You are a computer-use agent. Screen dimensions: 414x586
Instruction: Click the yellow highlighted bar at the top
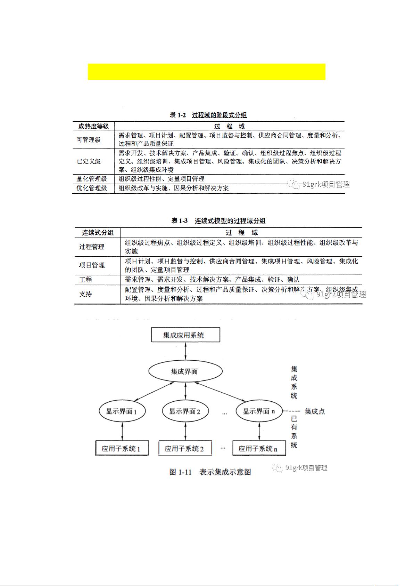pyautogui.click(x=206, y=72)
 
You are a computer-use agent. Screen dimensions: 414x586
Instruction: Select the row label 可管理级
pyautogui.click(x=89, y=140)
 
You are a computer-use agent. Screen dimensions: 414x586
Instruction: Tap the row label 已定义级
pyautogui.click(x=89, y=161)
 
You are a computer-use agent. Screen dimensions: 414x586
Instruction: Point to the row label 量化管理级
pyautogui.click(x=92, y=179)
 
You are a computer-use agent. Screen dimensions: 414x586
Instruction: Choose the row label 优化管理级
pyautogui.click(x=92, y=188)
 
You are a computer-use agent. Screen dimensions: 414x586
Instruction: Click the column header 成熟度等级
pyautogui.click(x=93, y=126)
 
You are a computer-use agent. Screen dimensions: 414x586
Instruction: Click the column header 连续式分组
pyautogui.click(x=98, y=233)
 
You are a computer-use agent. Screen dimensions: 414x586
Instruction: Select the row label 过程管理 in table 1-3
pyautogui.click(x=92, y=247)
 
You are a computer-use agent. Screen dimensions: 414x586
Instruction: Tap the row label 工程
pyautogui.click(x=85, y=280)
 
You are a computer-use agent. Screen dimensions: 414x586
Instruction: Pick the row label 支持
pyautogui.click(x=85, y=294)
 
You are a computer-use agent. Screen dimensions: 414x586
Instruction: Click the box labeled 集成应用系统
pyautogui.click(x=185, y=335)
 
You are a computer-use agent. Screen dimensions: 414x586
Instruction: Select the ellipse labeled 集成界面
pyautogui.click(x=185, y=371)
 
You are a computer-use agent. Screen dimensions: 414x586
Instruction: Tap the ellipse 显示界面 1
pyautogui.click(x=122, y=411)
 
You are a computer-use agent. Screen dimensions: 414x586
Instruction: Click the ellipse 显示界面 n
pyautogui.click(x=259, y=411)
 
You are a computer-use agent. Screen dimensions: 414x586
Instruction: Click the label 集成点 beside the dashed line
pyautogui.click(x=315, y=411)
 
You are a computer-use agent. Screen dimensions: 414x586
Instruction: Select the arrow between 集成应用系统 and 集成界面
pyautogui.click(x=185, y=351)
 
